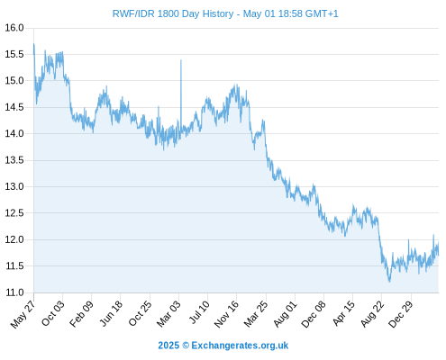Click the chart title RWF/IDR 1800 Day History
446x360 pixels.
pos(173,13)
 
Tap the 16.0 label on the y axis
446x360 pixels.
pos(14,28)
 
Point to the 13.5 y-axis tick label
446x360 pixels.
pos(14,160)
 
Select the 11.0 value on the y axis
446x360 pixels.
pos(14,292)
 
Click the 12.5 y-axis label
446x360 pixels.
pos(14,213)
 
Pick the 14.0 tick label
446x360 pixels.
pos(14,133)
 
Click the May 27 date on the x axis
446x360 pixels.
pos(23,314)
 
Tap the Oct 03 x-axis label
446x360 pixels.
pos(52,313)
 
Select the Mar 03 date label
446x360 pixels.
pos(168,313)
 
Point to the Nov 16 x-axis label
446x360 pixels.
pos(226,314)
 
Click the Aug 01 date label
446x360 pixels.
pos(285,313)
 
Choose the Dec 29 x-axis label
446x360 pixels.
pos(400,314)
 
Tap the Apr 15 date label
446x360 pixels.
pos(343,313)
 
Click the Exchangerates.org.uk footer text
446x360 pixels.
pos(240,346)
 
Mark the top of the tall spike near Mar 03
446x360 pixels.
pos(181,60)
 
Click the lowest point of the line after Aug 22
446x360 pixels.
pos(389,282)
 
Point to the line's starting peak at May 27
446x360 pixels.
pos(34,44)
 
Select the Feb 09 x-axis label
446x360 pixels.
pos(81,313)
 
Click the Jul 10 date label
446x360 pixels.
pos(199,312)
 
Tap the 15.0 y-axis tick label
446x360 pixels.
pos(14,81)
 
